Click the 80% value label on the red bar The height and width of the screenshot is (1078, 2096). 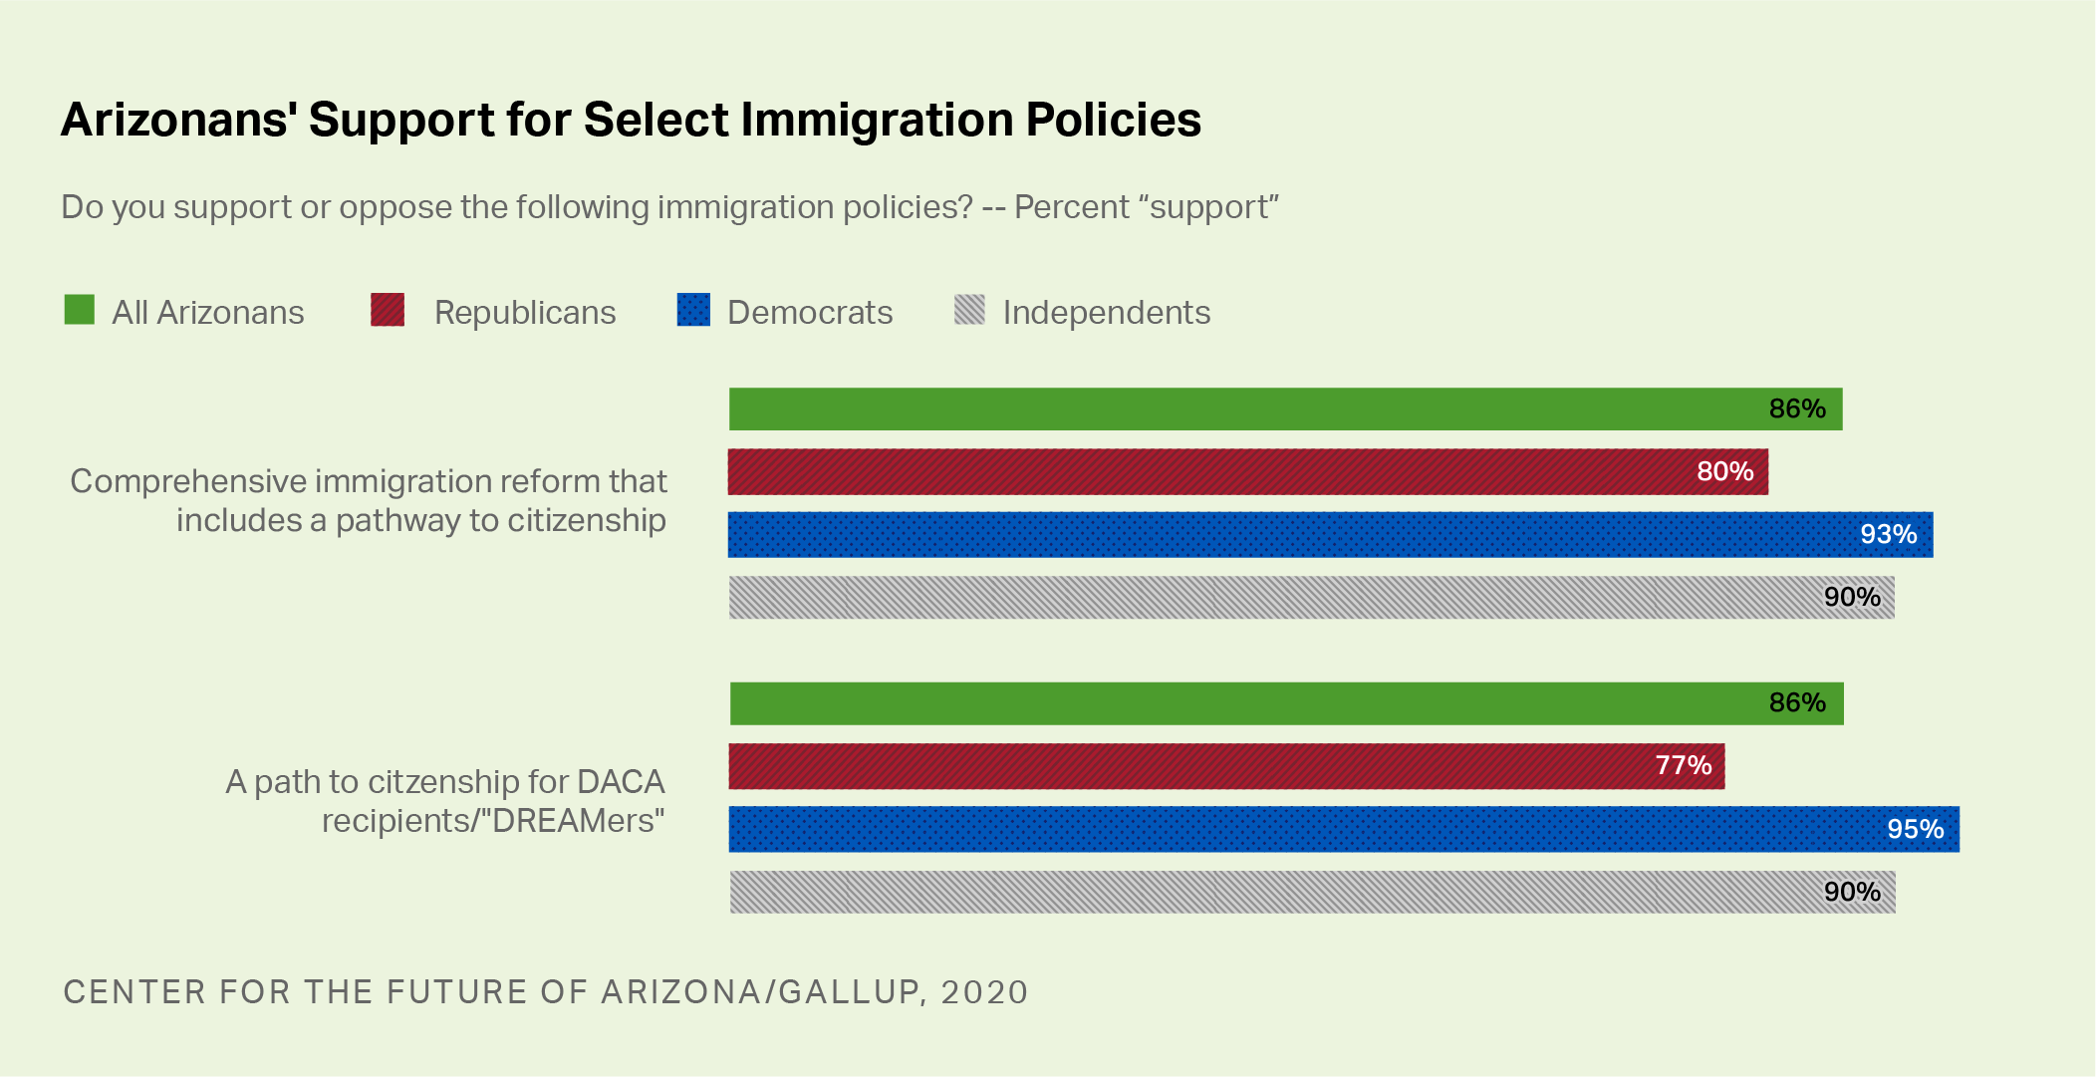(1724, 471)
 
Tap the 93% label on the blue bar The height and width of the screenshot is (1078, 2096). (1888, 534)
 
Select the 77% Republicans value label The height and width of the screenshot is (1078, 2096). (1683, 765)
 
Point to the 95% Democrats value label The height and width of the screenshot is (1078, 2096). (1915, 829)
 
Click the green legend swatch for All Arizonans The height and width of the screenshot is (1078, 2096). (80, 310)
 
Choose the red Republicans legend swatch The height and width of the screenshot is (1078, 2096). (388, 310)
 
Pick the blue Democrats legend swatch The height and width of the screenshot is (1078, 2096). (693, 310)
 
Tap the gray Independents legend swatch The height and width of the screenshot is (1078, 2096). (969, 310)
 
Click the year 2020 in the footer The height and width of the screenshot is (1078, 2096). (984, 992)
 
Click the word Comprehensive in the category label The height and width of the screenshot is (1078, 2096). (188, 481)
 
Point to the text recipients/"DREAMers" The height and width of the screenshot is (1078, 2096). (492, 821)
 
